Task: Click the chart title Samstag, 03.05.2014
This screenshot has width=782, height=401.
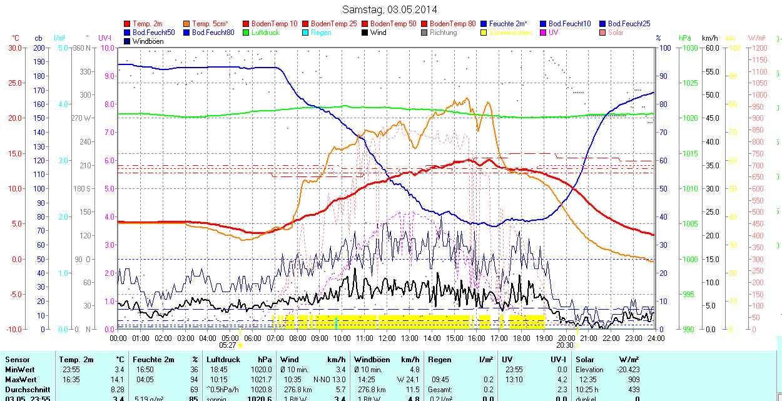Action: pyautogui.click(x=390, y=9)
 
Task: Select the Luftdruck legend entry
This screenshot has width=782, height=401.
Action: pyautogui.click(x=265, y=33)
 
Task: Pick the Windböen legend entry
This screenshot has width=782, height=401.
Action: pyautogui.click(x=148, y=41)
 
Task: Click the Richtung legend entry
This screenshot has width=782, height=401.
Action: pyautogui.click(x=443, y=33)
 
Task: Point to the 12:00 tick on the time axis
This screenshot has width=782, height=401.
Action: pyautogui.click(x=387, y=338)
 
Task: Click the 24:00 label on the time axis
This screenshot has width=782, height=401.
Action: pyautogui.click(x=655, y=338)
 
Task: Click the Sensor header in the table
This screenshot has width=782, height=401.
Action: pyautogui.click(x=17, y=360)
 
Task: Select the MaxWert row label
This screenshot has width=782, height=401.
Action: pyautogui.click(x=21, y=380)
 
